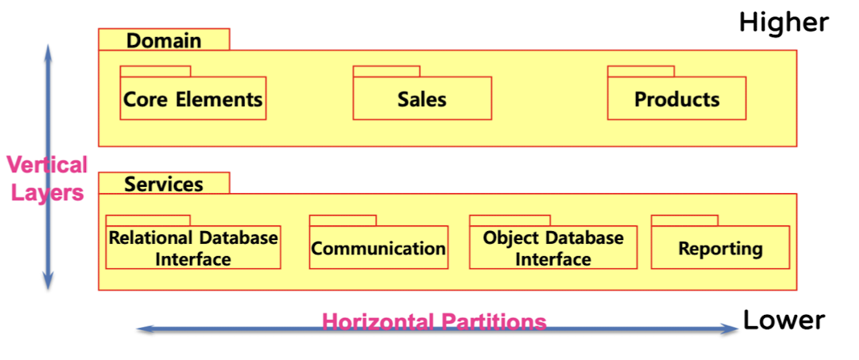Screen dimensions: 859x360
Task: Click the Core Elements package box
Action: (193, 99)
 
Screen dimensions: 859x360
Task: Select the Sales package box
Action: (422, 99)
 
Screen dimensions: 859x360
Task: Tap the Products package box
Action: (676, 99)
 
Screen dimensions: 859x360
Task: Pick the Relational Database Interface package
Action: (193, 248)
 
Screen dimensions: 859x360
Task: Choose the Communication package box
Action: (378, 248)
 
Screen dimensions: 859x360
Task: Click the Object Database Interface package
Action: (553, 248)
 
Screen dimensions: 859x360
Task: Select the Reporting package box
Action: (720, 248)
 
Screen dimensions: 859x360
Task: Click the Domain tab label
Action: (164, 40)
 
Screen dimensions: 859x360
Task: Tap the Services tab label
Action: (164, 184)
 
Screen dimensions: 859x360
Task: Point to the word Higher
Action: (783, 23)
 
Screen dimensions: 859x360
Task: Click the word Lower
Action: (783, 321)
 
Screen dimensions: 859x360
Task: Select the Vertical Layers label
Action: (47, 179)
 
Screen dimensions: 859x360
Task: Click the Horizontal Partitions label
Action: (434, 323)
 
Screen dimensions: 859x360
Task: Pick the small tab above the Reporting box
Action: (684, 220)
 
